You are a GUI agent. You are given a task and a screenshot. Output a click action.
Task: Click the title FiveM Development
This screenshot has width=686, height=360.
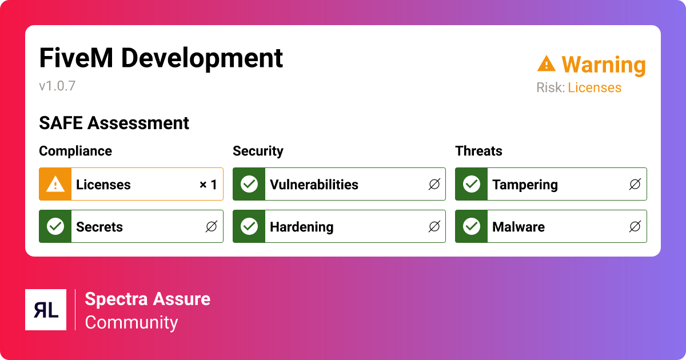[x=161, y=58]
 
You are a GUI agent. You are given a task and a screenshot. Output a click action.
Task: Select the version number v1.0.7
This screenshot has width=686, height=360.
[x=57, y=86]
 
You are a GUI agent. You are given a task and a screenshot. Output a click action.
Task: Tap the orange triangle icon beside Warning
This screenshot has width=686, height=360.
[x=547, y=64]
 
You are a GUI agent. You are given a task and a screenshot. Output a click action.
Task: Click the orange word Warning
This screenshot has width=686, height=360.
[x=603, y=65]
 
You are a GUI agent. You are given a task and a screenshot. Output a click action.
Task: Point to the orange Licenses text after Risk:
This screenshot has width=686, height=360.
[x=594, y=88]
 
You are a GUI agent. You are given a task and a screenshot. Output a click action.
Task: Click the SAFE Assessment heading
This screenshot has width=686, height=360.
[x=114, y=123]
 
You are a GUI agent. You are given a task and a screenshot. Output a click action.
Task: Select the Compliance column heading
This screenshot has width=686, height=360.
[x=75, y=151]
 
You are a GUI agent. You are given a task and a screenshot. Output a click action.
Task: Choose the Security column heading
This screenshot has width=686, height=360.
[x=258, y=151]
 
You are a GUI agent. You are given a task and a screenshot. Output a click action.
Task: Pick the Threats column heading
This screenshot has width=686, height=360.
[x=478, y=151]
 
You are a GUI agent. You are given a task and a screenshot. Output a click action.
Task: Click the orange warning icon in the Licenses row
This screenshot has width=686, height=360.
[x=55, y=184]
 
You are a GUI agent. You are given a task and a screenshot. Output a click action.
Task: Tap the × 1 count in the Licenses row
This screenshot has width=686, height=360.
[x=208, y=185]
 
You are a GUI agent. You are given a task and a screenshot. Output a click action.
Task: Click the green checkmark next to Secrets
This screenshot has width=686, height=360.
[x=55, y=226]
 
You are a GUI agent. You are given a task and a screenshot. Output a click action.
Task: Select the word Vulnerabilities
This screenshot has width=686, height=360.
[x=314, y=185]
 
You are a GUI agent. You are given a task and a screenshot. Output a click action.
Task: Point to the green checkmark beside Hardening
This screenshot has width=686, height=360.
[x=249, y=226]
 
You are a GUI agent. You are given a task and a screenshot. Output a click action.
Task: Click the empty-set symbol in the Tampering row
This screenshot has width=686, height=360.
[x=635, y=184]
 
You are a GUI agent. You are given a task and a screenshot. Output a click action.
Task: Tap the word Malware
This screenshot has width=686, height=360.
[x=519, y=227]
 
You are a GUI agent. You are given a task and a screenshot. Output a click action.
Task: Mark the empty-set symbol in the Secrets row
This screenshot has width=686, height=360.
[x=212, y=227]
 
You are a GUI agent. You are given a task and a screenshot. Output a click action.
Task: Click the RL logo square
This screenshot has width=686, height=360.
[x=46, y=310]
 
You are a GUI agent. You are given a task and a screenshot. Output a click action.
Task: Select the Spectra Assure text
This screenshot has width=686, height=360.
[x=147, y=299]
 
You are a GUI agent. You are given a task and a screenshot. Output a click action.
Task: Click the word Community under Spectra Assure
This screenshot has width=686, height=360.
[x=131, y=322]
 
